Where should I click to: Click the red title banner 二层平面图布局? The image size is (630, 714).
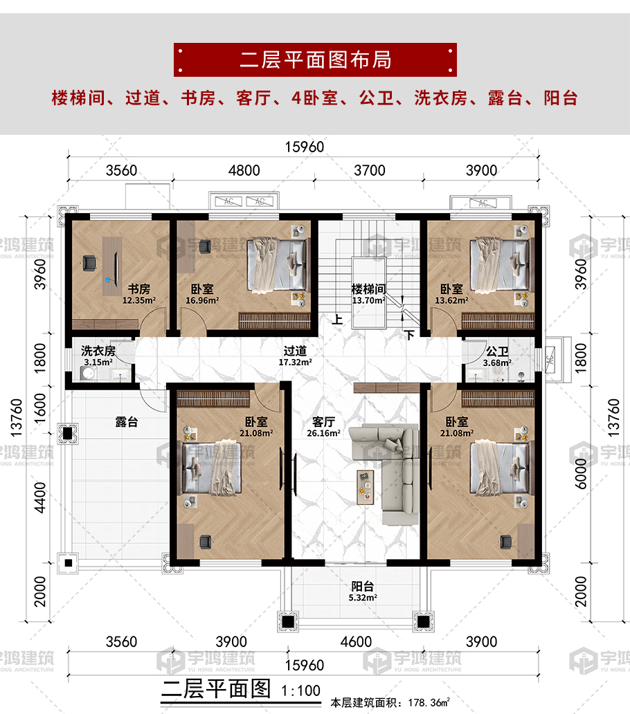(315, 59)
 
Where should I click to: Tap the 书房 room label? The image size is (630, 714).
(139, 289)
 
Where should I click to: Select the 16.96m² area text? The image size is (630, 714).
(202, 300)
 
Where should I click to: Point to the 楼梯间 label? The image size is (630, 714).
(368, 289)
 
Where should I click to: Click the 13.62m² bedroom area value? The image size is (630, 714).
(451, 300)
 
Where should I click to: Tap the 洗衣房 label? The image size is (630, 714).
(98, 351)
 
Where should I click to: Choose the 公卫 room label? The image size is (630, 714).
(497, 351)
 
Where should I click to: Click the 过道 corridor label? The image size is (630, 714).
(295, 351)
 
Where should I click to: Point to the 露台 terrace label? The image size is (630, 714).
(127, 422)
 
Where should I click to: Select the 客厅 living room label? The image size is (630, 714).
(323, 421)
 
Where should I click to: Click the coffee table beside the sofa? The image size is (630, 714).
(366, 487)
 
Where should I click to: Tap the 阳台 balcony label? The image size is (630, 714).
(363, 587)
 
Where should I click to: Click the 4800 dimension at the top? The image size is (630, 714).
(244, 170)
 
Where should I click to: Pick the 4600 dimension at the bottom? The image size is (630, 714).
(357, 641)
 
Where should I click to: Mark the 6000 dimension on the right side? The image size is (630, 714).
(581, 473)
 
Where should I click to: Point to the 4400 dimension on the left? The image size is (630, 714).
(40, 497)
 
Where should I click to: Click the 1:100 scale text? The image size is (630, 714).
(300, 690)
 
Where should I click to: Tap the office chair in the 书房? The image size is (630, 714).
(89, 263)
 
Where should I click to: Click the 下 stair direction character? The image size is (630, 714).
(410, 335)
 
